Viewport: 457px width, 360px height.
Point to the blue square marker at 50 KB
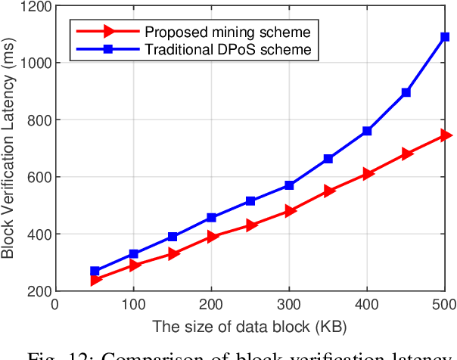tap(95, 271)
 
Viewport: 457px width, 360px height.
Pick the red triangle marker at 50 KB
tap(95, 280)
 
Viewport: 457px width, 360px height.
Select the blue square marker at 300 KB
tap(290, 185)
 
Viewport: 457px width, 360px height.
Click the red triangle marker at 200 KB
tap(212, 237)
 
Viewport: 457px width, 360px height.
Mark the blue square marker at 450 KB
tap(406, 92)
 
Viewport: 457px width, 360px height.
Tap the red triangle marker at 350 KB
tap(328, 191)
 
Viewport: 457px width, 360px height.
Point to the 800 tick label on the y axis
tap(37, 120)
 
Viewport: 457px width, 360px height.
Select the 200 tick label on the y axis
tap(37, 291)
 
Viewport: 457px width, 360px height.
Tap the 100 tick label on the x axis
tap(133, 305)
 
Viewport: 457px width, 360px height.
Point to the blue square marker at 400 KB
tap(368, 131)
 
